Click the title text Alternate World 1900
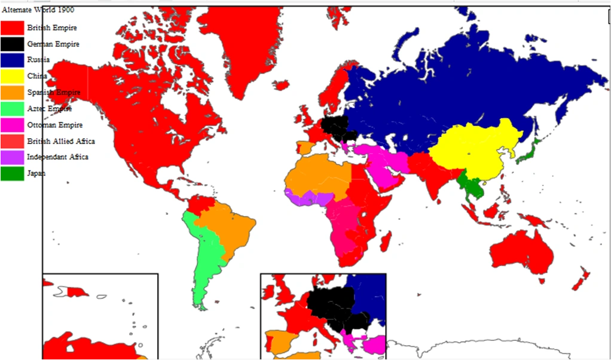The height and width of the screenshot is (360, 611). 38,10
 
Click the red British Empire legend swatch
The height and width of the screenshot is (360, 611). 12,28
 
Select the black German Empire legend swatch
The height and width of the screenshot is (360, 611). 12,44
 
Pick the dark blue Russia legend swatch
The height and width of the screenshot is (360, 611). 12,60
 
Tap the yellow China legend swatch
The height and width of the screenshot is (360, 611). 12,76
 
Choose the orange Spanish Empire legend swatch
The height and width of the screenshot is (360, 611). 12,92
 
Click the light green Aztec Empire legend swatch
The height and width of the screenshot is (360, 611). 12,108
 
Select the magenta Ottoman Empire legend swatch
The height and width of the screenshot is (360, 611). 12,124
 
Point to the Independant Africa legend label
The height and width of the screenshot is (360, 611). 57,157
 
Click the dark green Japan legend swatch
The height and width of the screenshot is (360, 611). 12,173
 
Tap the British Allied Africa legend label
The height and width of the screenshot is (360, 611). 60,141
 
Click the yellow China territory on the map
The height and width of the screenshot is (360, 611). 472,150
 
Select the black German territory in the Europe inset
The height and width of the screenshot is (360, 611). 332,299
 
